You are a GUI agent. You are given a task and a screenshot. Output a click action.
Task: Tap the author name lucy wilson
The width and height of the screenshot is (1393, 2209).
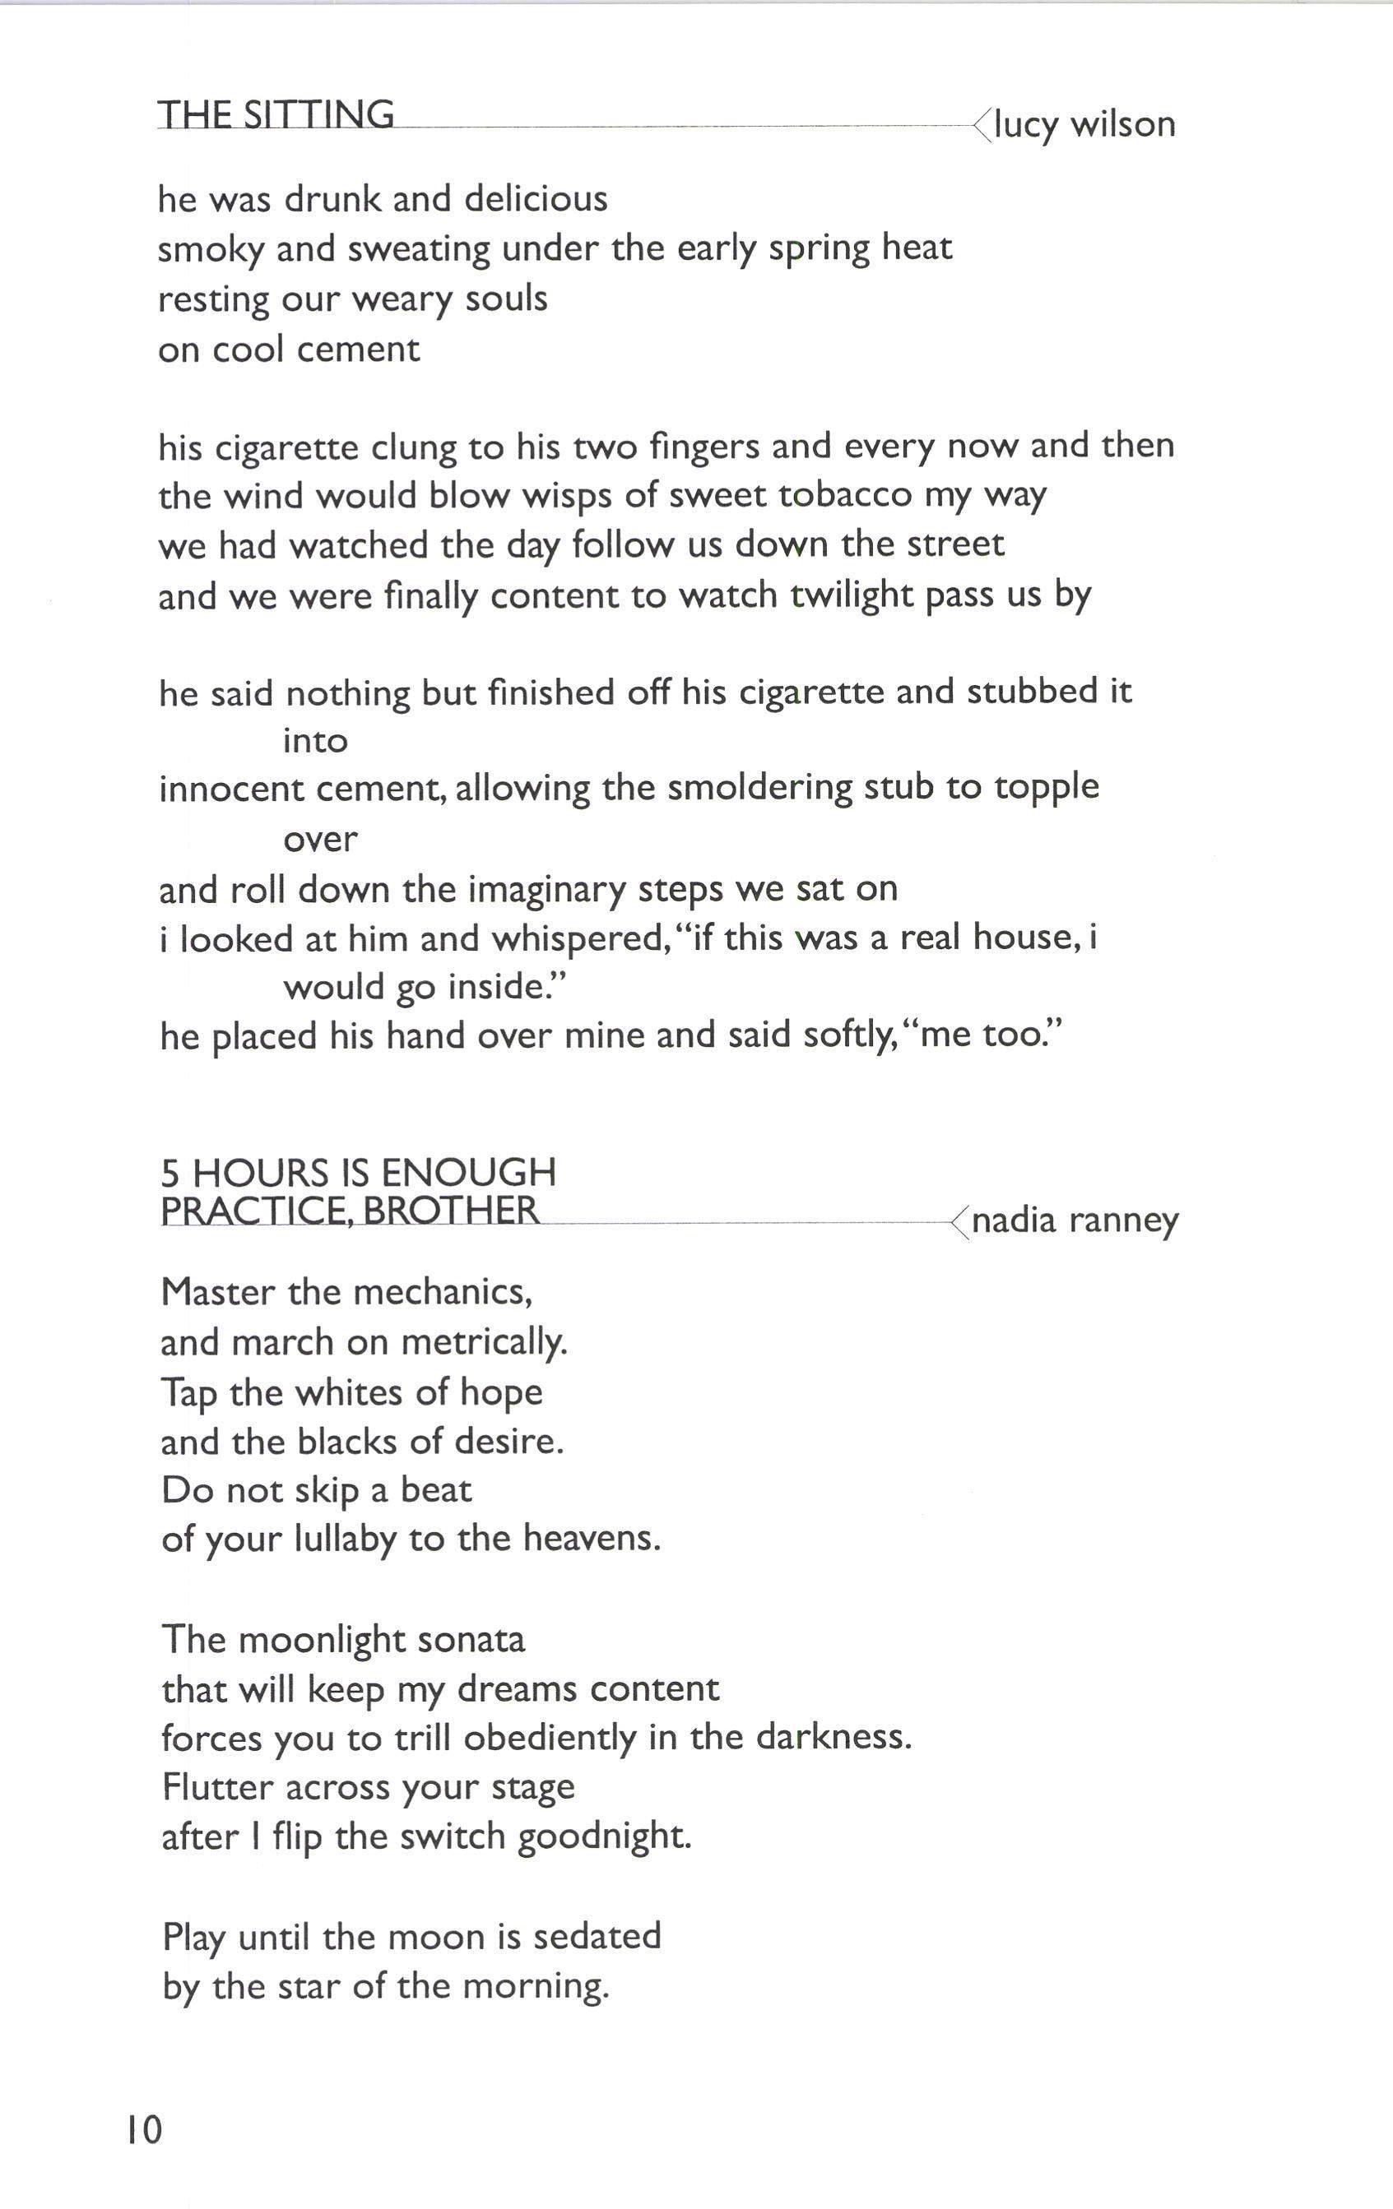1084,123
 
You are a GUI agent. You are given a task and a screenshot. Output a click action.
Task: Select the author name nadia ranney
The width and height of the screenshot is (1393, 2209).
1075,1220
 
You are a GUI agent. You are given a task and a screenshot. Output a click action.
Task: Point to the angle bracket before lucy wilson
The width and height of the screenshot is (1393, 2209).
982,125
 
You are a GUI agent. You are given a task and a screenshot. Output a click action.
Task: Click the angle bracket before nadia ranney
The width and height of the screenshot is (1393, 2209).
959,1222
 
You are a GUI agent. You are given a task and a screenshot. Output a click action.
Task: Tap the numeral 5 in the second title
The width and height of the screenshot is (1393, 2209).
169,1174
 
